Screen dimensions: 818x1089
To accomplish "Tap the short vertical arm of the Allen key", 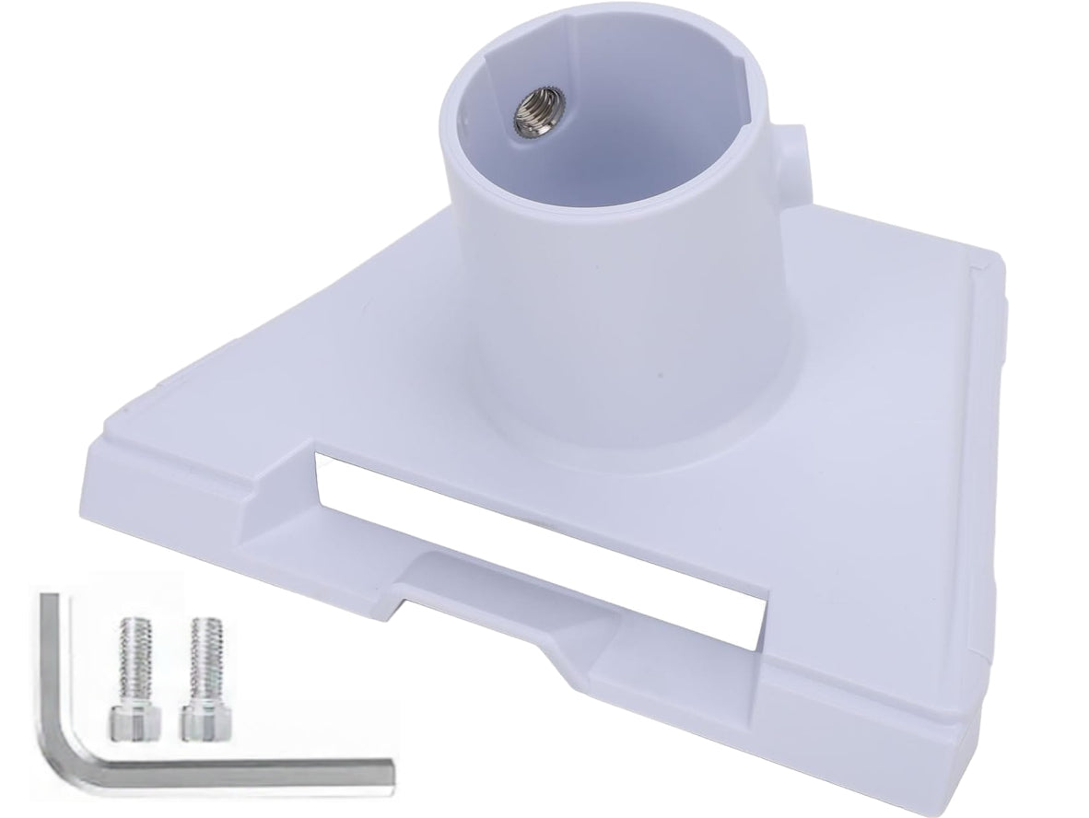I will [50, 663].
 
